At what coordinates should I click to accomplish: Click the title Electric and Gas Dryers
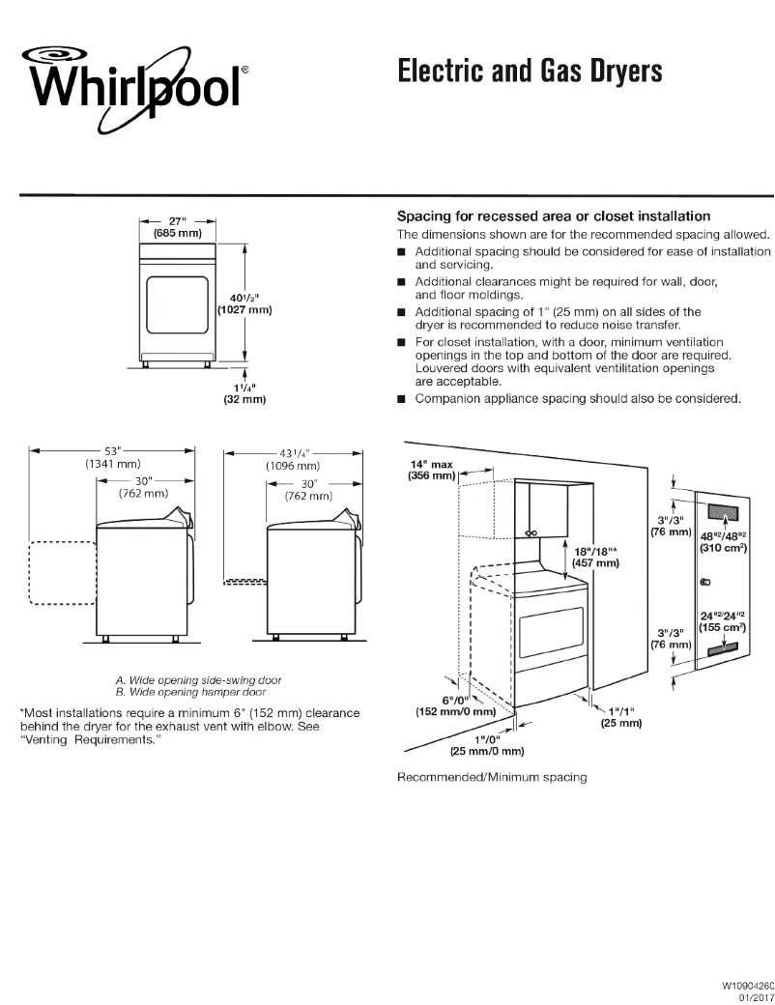point(530,72)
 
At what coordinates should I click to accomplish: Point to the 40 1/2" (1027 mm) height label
point(242,303)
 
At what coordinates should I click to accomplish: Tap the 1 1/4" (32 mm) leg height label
point(244,391)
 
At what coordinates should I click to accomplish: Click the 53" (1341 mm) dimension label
point(112,457)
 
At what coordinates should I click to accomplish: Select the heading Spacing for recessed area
point(554,215)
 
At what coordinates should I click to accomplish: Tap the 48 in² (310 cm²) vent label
point(722,540)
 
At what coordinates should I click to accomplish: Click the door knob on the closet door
point(705,582)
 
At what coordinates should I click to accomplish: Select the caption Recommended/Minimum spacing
point(492,777)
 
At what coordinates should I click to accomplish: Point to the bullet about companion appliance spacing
point(577,399)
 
